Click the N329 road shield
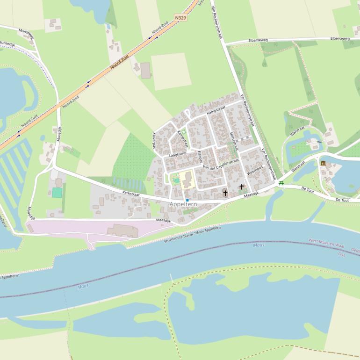[180, 18]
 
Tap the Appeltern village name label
[183, 204]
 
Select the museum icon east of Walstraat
[323, 163]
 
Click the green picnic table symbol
[281, 183]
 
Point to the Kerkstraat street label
[131, 193]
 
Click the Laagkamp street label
[178, 154]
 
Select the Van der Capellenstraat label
[221, 164]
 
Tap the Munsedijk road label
[7, 43]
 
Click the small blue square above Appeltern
[187, 200]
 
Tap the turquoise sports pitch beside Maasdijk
[57, 192]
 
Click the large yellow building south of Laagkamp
[187, 179]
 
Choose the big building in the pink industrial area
[122, 230]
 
